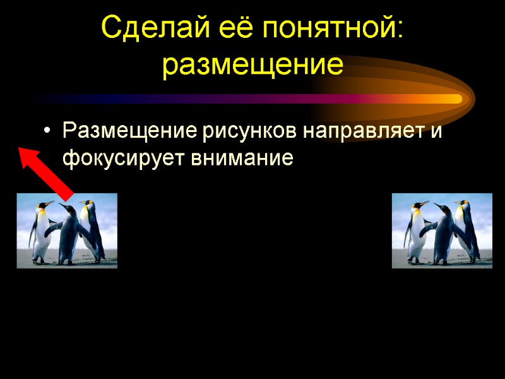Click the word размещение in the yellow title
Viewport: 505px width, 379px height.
pyautogui.click(x=252, y=65)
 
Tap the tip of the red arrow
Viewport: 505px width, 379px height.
pyautogui.click(x=20, y=148)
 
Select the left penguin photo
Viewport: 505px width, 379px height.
pyautogui.click(x=66, y=231)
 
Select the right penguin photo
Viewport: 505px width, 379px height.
pyautogui.click(x=442, y=231)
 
